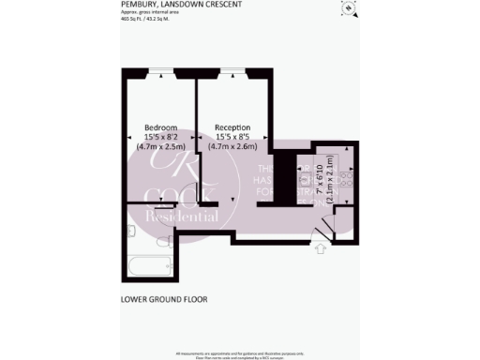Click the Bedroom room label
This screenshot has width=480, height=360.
point(157,127)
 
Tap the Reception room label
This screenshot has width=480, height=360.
point(231,127)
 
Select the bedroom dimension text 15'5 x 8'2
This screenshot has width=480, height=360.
point(157,137)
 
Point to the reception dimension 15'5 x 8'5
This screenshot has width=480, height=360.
point(231,137)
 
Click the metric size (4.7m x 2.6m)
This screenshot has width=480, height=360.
point(231,147)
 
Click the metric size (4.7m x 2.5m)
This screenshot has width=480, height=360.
point(157,147)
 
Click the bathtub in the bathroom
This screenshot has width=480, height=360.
point(147,260)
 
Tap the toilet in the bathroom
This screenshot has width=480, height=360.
point(130,231)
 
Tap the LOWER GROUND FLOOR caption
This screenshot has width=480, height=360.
point(164,300)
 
